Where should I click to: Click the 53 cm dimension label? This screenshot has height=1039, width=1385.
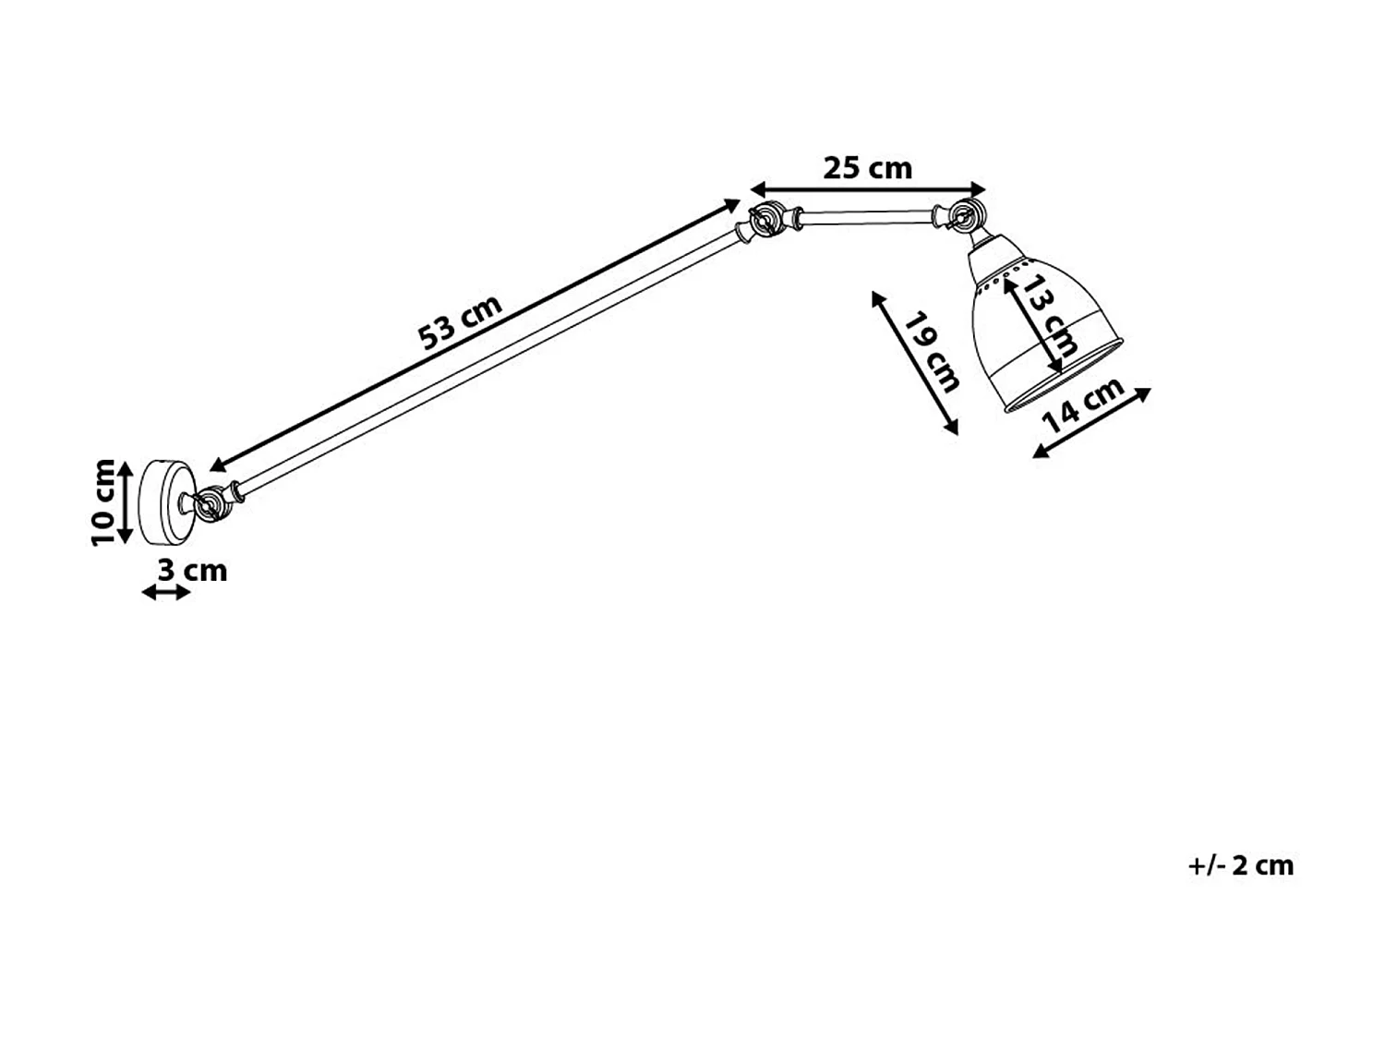coord(461,323)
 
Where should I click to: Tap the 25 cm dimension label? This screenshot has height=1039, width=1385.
coord(867,168)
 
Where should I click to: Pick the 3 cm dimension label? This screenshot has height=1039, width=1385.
coord(192,570)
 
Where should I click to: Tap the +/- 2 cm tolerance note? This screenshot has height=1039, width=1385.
coord(1240,865)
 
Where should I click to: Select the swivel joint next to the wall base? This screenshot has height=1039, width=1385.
coord(210,504)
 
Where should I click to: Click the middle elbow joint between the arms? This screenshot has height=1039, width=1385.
coord(762,223)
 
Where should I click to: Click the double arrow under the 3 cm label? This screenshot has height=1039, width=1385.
coord(166,592)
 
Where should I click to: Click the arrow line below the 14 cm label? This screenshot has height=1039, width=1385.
coord(1091,422)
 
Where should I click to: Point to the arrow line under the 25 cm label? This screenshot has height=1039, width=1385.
coord(868,188)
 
